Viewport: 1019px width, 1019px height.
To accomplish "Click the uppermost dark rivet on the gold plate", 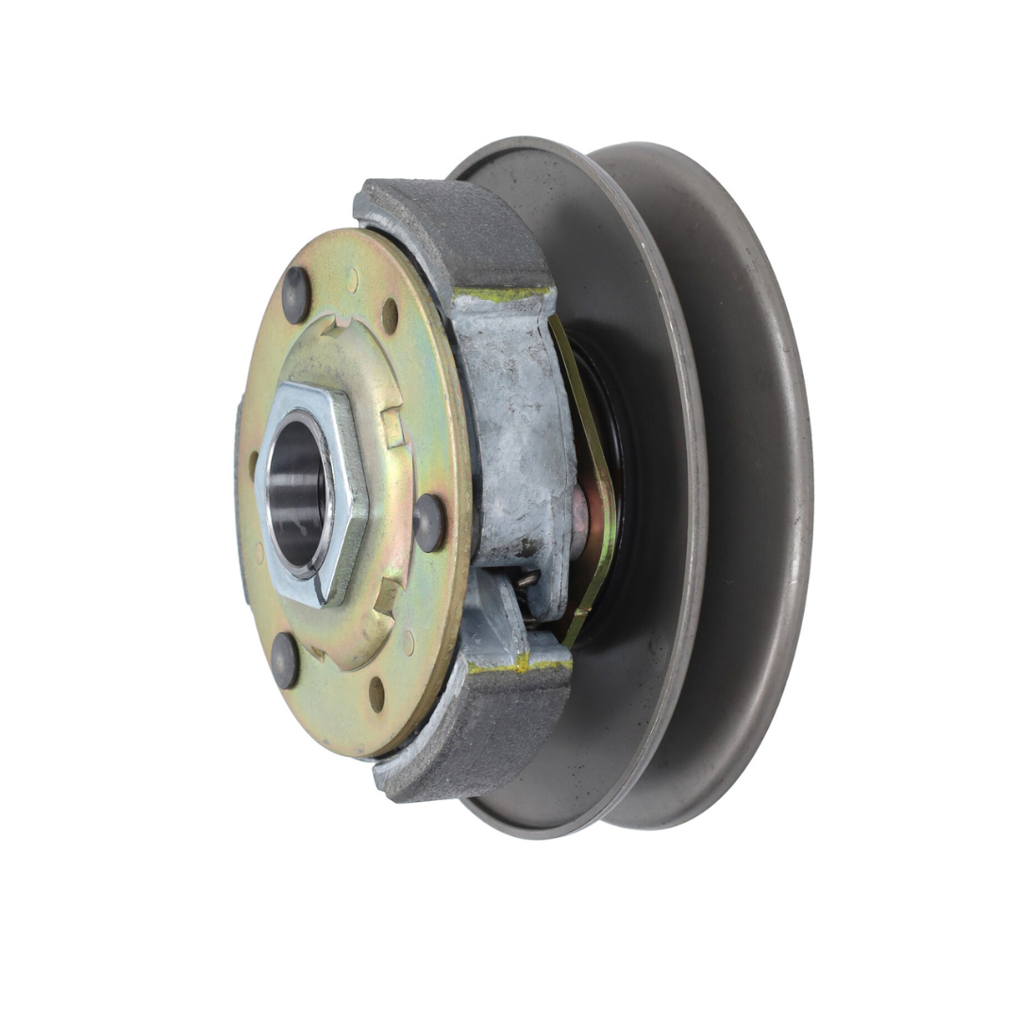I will tap(295, 293).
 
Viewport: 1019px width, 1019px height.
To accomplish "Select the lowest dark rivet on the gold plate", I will tap(284, 660).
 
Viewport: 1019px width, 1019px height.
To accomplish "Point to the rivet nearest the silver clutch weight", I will tap(429, 522).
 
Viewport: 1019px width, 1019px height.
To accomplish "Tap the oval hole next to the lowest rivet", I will tap(376, 693).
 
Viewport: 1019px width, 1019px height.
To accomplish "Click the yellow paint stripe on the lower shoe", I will tap(519, 665).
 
